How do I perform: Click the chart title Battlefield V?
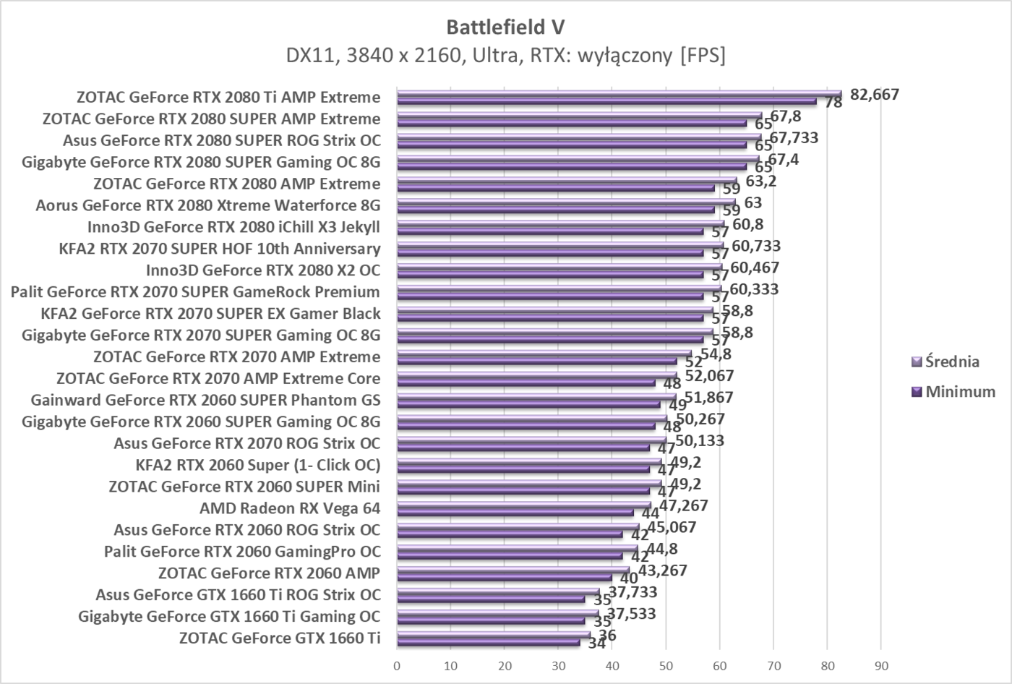pos(505,27)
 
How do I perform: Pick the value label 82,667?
pos(875,94)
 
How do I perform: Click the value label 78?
pos(833,103)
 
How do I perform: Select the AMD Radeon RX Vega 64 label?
pos(290,508)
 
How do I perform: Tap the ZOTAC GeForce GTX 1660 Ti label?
pos(280,638)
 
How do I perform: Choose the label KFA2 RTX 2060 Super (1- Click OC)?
pos(258,465)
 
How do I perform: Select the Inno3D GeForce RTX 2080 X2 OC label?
pos(263,270)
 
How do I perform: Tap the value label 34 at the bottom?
pos(596,643)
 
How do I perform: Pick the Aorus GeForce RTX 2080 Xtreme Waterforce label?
pos(208,205)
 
